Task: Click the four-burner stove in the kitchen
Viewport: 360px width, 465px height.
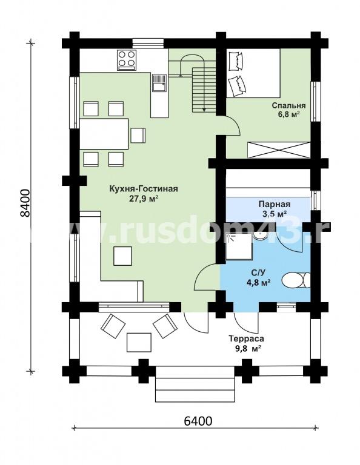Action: coord(127,60)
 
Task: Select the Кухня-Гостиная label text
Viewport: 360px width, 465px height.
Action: coord(144,189)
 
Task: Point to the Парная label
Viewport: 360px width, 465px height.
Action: coord(274,204)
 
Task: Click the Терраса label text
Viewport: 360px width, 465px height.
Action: coord(246,338)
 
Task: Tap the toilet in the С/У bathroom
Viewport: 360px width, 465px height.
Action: coord(296,280)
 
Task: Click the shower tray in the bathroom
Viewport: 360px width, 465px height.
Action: coord(239,247)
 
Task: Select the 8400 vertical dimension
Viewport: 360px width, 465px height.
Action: coord(25,203)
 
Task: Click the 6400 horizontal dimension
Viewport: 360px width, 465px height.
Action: coord(198,421)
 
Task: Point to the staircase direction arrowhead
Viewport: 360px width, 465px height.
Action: coord(204,109)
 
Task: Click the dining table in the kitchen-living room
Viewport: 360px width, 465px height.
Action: coord(104,134)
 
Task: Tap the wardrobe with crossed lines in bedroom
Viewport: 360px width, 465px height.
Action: coord(279,150)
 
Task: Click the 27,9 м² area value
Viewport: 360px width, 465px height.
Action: coord(144,199)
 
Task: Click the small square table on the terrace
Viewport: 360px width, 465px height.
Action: coord(139,342)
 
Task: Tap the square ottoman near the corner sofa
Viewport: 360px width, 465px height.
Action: coord(122,256)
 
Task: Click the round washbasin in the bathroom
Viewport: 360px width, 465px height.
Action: coord(261,236)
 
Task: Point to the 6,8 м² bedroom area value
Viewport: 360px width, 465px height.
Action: coord(288,114)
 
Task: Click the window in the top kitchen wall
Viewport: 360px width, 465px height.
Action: coord(148,43)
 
